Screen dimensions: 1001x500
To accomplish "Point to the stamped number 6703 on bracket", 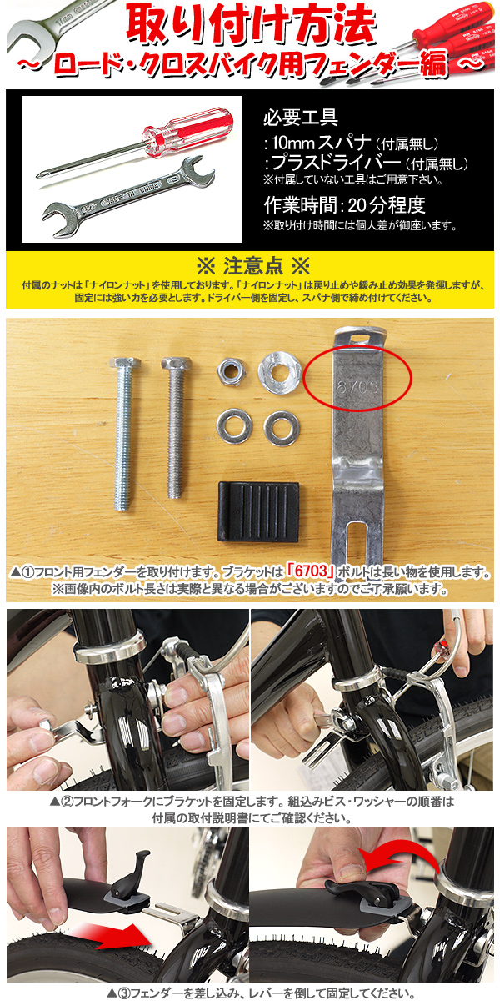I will (357, 387).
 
